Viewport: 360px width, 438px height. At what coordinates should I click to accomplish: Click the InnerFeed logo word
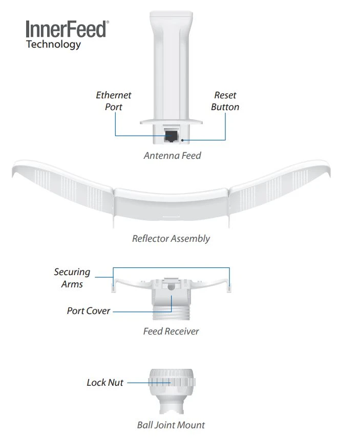[67, 29]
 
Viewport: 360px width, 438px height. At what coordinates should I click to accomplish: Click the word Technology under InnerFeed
[53, 45]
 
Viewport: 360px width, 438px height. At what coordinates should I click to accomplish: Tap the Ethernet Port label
[114, 101]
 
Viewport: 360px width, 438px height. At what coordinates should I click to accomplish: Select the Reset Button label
[225, 101]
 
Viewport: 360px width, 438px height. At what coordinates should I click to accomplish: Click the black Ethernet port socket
[171, 136]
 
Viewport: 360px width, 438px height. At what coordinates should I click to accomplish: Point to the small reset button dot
[182, 139]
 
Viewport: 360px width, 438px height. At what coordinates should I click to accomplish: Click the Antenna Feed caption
[172, 155]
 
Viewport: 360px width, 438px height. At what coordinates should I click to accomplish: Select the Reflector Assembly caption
[171, 238]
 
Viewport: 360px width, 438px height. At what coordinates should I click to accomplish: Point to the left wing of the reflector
[61, 187]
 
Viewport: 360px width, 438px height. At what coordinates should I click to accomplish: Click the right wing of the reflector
[282, 187]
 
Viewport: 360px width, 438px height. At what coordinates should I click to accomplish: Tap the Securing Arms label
[72, 278]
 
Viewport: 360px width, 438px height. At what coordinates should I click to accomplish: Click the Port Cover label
[88, 311]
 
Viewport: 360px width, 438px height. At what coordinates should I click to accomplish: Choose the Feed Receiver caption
[171, 331]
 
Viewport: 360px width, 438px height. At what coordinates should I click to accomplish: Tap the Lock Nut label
[104, 383]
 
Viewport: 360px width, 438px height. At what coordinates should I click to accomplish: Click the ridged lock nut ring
[172, 382]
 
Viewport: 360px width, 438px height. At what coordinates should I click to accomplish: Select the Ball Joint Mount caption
[171, 425]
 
